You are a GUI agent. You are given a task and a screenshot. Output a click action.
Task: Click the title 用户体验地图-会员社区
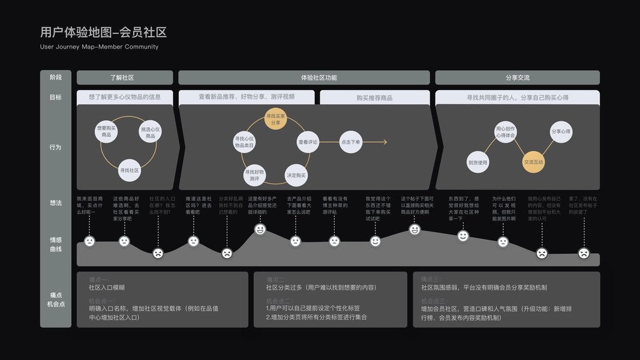[x=103, y=32]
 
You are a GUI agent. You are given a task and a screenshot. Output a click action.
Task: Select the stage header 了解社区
[x=125, y=77]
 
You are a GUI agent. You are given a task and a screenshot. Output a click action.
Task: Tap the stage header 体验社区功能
[x=304, y=77]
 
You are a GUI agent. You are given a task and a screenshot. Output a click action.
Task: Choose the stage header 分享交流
[x=517, y=77]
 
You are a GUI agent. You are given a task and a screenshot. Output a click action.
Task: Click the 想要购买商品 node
[x=107, y=131]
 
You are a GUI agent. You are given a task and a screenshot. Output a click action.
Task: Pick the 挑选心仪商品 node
[x=150, y=132]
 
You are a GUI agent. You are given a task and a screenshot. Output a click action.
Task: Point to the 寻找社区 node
[x=130, y=170]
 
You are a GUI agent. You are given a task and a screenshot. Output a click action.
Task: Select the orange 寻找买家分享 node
[x=275, y=118]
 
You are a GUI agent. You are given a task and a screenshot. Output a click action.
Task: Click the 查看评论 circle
[x=308, y=142]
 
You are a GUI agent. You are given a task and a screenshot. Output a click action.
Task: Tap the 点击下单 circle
[x=350, y=142]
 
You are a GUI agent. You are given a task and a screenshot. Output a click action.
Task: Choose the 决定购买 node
[x=296, y=175]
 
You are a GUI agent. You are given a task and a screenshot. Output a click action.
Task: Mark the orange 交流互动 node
[x=533, y=162]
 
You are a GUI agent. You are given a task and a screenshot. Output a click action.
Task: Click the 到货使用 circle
[x=478, y=162]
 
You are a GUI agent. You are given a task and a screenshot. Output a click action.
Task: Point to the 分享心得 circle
[x=561, y=131]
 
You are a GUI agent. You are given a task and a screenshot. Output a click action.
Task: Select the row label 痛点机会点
[x=56, y=299]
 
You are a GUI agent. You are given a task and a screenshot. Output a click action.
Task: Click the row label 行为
[x=56, y=147]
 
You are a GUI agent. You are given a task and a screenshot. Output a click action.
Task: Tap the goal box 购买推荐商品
[x=374, y=97]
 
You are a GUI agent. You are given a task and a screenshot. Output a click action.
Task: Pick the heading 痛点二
[x=277, y=279]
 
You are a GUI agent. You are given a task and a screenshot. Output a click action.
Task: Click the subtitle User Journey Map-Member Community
[x=99, y=47]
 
